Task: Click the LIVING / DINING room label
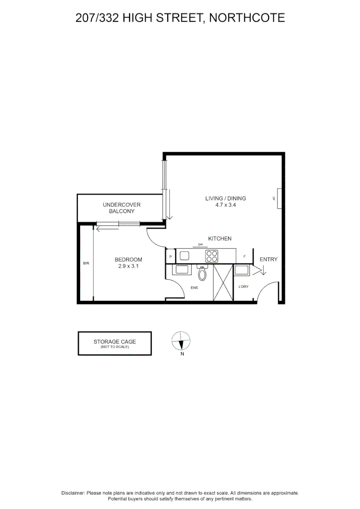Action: pyautogui.click(x=225, y=198)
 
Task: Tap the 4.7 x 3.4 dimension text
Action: pyautogui.click(x=225, y=205)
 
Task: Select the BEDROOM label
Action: pyautogui.click(x=128, y=260)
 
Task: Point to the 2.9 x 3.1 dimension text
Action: pyautogui.click(x=128, y=266)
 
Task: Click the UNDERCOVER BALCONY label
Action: pyautogui.click(x=122, y=208)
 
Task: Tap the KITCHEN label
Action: pyautogui.click(x=220, y=238)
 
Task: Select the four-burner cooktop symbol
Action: pyautogui.click(x=212, y=256)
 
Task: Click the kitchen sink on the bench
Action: pyautogui.click(x=184, y=256)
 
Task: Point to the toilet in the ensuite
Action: pyautogui.click(x=202, y=273)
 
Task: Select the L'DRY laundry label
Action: pyautogui.click(x=244, y=287)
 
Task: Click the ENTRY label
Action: pyautogui.click(x=269, y=259)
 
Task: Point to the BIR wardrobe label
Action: pyautogui.click(x=86, y=263)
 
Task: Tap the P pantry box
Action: pyautogui.click(x=171, y=256)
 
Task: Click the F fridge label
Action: pyautogui.click(x=245, y=256)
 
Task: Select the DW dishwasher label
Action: pyautogui.click(x=200, y=244)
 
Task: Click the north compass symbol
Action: pyautogui.click(x=181, y=340)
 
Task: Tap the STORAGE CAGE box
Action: pyautogui.click(x=115, y=343)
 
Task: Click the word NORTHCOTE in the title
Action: pyautogui.click(x=247, y=18)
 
